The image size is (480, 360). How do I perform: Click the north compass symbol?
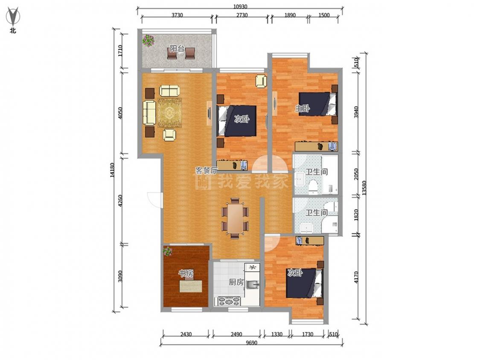(12, 17)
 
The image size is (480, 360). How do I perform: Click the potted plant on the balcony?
(148, 41)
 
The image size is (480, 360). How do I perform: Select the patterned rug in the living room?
(169, 113)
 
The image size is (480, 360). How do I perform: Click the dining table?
(235, 218)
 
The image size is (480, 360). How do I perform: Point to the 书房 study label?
(186, 273)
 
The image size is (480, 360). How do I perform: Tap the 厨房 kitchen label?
(236, 282)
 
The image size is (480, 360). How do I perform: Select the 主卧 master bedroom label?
(302, 108)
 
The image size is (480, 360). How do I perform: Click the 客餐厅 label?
(207, 171)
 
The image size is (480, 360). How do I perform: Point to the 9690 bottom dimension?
(251, 343)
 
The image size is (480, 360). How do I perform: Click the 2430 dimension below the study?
(186, 334)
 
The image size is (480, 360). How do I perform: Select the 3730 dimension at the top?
(177, 15)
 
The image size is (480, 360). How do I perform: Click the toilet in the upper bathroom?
(313, 187)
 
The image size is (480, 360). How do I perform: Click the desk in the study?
(191, 286)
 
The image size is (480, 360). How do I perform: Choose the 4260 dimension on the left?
(120, 201)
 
